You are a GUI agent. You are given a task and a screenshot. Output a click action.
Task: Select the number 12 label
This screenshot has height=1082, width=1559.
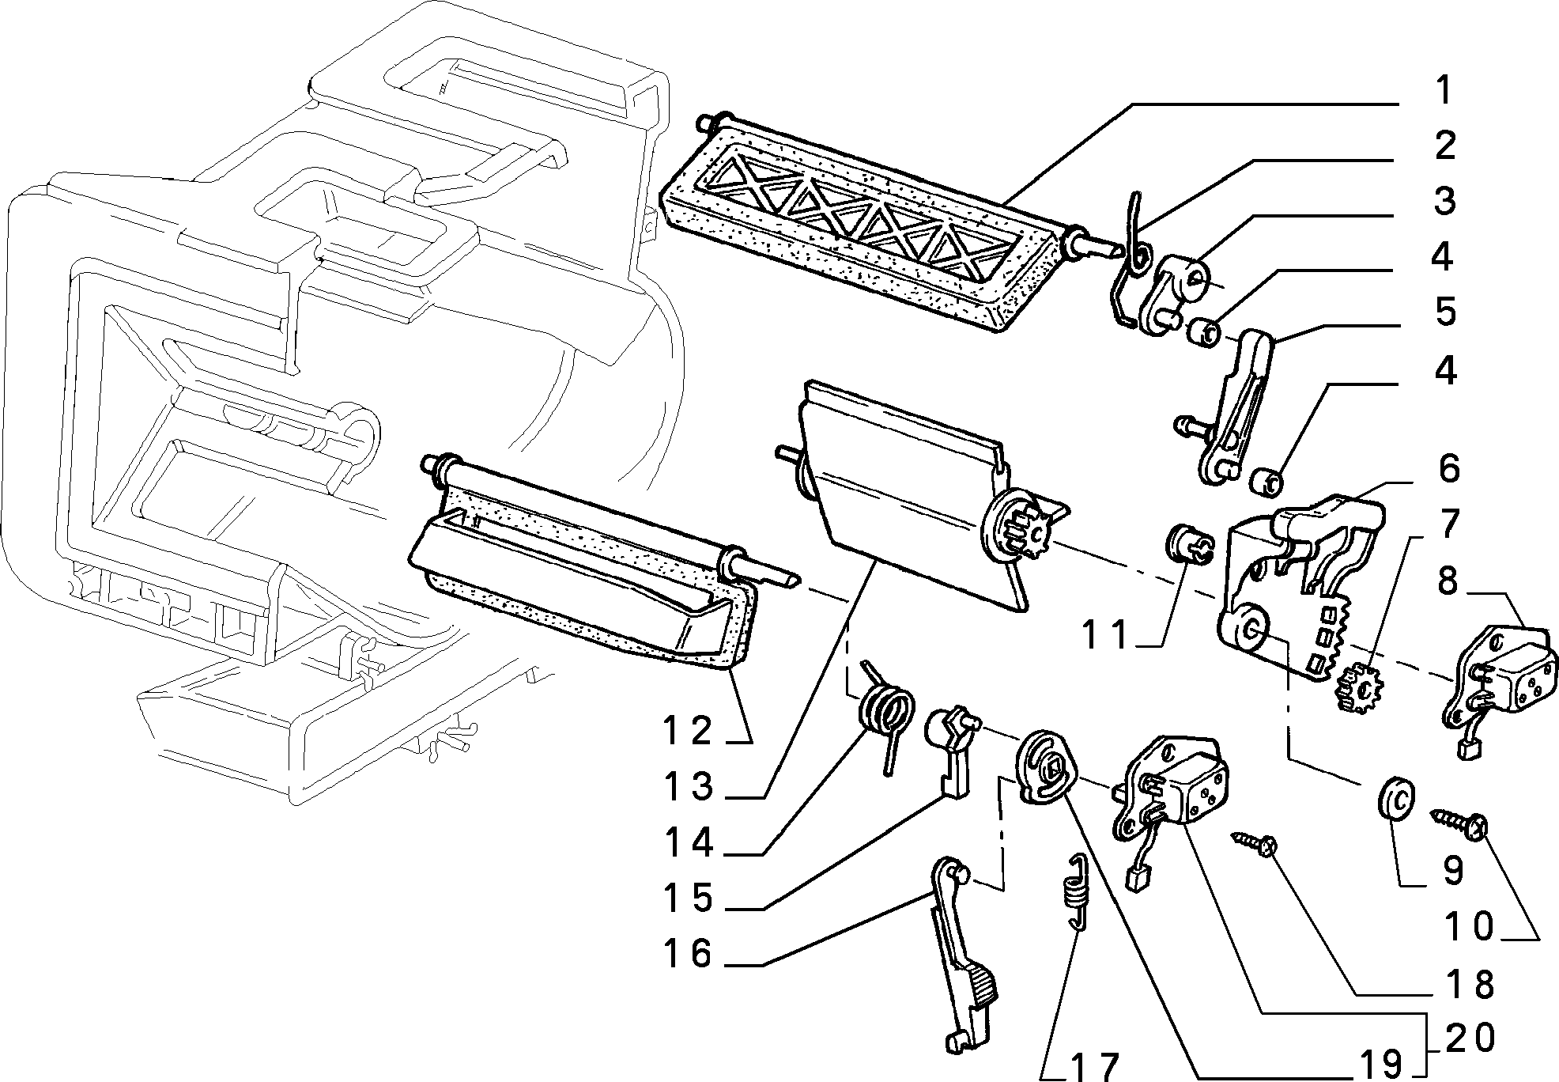(x=687, y=731)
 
